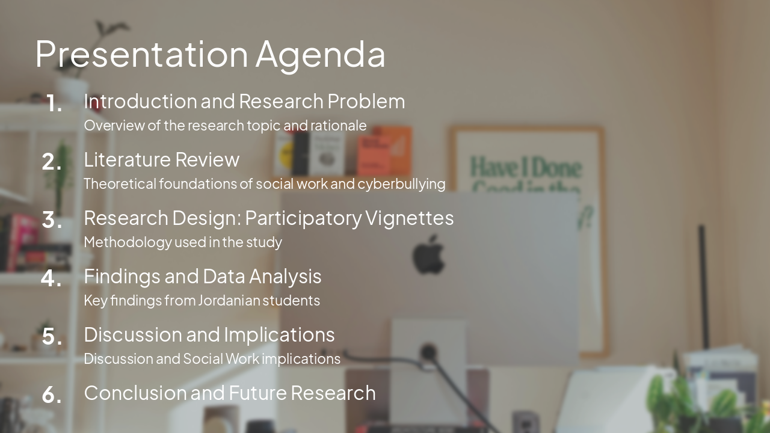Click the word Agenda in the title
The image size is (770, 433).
pyautogui.click(x=320, y=54)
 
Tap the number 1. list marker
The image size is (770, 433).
pyautogui.click(x=54, y=104)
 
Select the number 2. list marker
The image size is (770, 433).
pyautogui.click(x=52, y=162)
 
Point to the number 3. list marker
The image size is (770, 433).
pyautogui.click(x=52, y=220)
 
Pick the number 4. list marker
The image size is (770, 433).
pyautogui.click(x=52, y=278)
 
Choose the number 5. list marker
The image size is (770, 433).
pyautogui.click(x=52, y=337)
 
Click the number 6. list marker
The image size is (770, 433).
pyautogui.click(x=52, y=395)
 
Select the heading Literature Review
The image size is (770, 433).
pyautogui.click(x=161, y=159)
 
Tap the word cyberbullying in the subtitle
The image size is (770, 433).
pyautogui.click(x=401, y=183)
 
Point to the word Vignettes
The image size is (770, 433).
pyautogui.click(x=409, y=218)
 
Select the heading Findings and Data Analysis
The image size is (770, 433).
pyautogui.click(x=202, y=276)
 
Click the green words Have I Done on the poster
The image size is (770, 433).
pyautogui.click(x=526, y=167)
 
